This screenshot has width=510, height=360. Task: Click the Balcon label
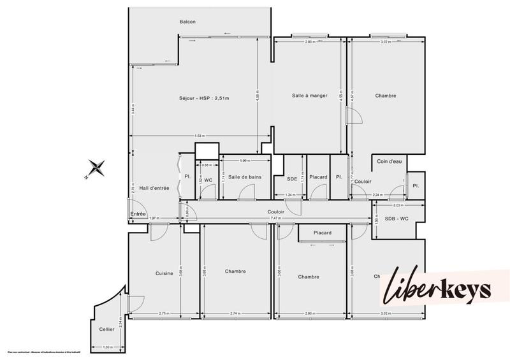pos(187,22)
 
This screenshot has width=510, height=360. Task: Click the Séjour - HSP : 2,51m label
pos(204,98)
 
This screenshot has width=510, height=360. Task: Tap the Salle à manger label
pos(310,96)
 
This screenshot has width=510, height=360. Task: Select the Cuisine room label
pos(164,273)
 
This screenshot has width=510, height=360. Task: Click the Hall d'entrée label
pos(154,188)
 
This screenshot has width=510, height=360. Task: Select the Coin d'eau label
pos(389,162)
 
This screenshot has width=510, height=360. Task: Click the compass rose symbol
pos(97,168)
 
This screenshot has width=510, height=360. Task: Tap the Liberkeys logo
pos(437,291)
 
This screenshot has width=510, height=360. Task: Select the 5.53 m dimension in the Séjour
pos(200,136)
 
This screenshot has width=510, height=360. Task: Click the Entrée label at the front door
pos(138,213)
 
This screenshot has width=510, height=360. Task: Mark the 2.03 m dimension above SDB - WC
pos(398,205)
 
